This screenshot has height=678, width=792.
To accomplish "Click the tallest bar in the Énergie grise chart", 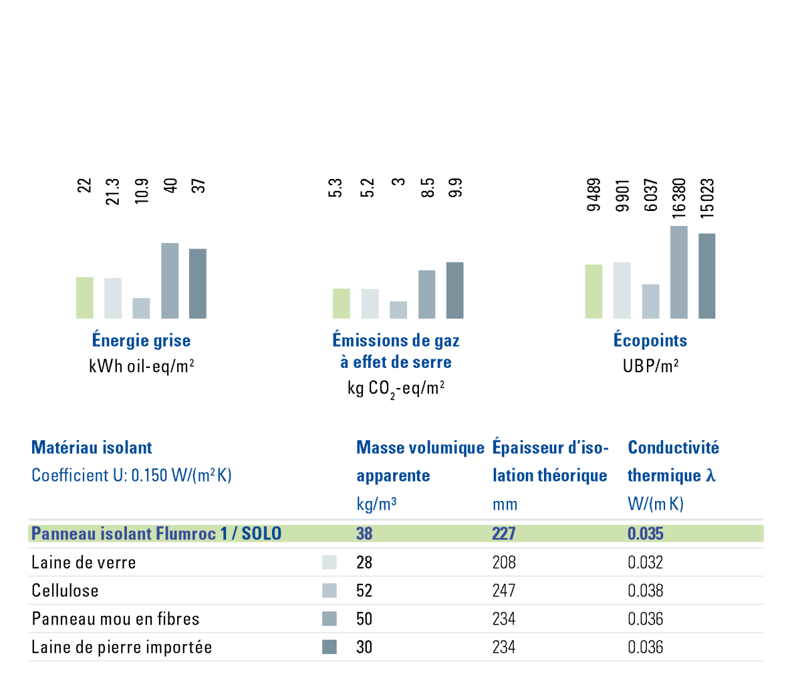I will pos(170,281).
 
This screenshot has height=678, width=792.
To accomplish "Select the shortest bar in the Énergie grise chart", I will pos(141,308).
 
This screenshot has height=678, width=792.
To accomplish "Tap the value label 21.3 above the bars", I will pos(113,191).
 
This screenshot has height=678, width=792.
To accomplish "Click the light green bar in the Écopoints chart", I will pos(594,291).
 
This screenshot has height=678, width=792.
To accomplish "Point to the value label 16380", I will pos(679,198).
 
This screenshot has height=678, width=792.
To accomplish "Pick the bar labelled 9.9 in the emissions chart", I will pos(455,290).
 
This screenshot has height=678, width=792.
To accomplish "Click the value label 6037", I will pos(651,195).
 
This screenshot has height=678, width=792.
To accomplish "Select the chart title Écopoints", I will pos(650,340).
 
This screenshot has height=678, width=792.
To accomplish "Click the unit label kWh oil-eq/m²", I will pos(141,366).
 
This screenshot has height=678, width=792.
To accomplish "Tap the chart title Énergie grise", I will pos(141,340).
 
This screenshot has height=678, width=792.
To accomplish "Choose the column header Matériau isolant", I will pos(92,448).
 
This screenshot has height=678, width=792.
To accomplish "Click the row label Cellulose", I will pos(65,591).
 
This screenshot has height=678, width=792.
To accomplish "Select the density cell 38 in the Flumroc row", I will pos(364,534).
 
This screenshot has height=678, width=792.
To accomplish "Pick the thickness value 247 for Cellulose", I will pos(504,591).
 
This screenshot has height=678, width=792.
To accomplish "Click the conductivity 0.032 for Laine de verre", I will pos(645,562).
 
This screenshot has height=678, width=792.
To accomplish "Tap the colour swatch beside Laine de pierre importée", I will pos(329,647).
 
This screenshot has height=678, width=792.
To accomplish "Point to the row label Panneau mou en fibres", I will pos(116,619).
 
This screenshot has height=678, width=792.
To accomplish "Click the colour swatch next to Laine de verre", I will pos(329,562).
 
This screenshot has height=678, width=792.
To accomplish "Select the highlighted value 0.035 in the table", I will pos(645,534).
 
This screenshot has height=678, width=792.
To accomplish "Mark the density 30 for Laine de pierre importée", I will pos(364,647).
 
